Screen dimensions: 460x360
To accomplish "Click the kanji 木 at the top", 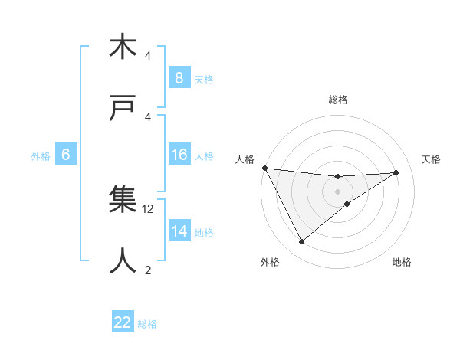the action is tap(123, 47).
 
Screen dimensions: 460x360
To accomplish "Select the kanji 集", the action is tap(123, 200).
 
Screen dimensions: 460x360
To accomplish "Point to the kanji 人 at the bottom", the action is tap(123, 260).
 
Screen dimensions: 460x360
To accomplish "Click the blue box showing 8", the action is tap(179, 77).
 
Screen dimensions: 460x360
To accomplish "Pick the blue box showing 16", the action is tap(179, 155).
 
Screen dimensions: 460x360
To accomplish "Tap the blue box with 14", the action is tap(179, 231).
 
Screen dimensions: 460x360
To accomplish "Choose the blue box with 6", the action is tap(65, 155).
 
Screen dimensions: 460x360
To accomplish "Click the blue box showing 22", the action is tap(123, 322).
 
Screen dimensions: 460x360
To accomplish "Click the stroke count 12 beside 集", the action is tap(149, 208).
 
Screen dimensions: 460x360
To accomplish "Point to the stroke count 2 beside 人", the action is tap(148, 269).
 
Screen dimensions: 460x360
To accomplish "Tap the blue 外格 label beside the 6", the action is tap(41, 155).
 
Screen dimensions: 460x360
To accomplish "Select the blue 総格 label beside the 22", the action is tap(147, 323).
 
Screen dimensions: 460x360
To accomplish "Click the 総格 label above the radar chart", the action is tap(338, 100).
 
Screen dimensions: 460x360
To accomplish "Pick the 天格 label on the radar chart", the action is tap(432, 159).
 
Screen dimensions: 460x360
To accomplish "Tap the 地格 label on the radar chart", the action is tap(402, 262).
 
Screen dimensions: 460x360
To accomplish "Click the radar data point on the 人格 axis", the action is tap(264, 168).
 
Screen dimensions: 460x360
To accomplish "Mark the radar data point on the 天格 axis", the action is tap(396, 172).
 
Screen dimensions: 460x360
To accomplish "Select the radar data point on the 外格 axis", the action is tap(301, 242).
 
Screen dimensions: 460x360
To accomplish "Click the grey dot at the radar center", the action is tap(338, 191).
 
